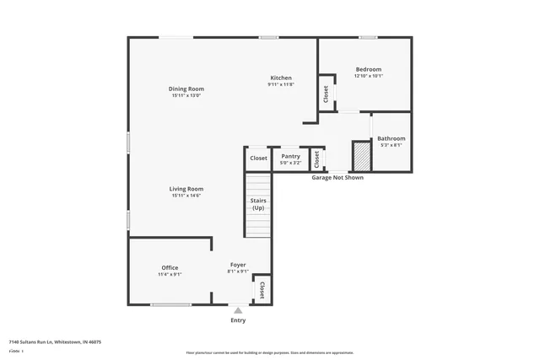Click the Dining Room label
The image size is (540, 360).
click(186, 89)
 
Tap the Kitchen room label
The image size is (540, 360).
click(280, 78)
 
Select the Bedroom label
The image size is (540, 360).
click(368, 69)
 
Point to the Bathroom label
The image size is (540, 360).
click(391, 138)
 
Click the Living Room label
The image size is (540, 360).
click(186, 189)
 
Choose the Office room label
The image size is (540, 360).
click(170, 267)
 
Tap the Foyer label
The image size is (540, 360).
click(238, 265)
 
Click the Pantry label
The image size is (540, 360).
click(290, 157)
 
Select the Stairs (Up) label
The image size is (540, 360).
click(257, 204)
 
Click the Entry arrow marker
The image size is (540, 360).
click(238, 310)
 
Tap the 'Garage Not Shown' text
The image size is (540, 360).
click(337, 178)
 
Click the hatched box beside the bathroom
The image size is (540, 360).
click(361, 156)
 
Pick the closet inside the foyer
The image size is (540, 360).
click(262, 290)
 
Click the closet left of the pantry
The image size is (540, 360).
click(258, 159)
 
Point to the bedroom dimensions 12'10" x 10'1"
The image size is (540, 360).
click(368, 76)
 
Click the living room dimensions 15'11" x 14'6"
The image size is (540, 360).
click(186, 196)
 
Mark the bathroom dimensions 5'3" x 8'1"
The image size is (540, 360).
click(391, 145)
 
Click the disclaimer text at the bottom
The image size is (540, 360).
click(270, 352)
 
